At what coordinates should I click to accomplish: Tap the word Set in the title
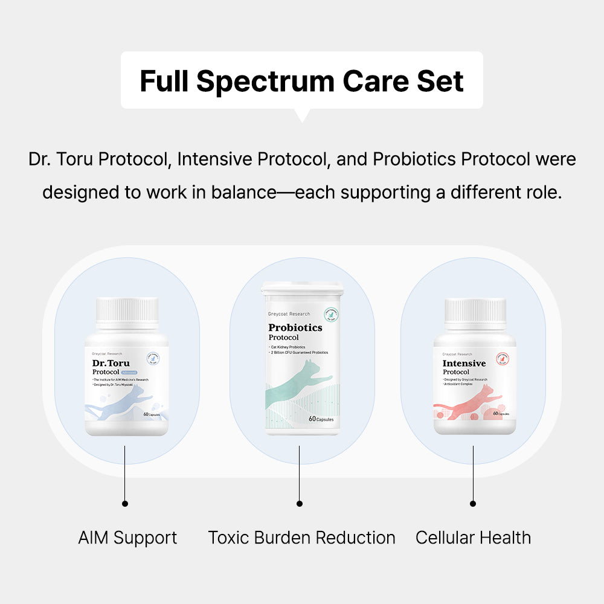click(x=443, y=82)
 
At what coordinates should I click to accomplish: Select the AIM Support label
click(x=127, y=538)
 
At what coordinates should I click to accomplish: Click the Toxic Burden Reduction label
click(x=301, y=538)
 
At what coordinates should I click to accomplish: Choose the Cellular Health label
click(x=473, y=538)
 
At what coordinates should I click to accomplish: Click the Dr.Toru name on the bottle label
click(x=111, y=364)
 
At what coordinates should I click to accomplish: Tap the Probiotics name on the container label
click(x=295, y=328)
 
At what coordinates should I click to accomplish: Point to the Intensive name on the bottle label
click(x=464, y=364)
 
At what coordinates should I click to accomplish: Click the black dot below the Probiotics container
click(x=300, y=503)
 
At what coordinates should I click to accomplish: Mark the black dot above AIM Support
click(x=125, y=503)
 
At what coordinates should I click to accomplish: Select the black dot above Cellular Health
click(x=473, y=503)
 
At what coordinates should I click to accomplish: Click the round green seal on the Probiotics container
click(x=329, y=315)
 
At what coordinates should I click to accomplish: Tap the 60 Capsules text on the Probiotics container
click(x=321, y=419)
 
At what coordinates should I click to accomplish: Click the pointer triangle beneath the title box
click(x=301, y=115)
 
